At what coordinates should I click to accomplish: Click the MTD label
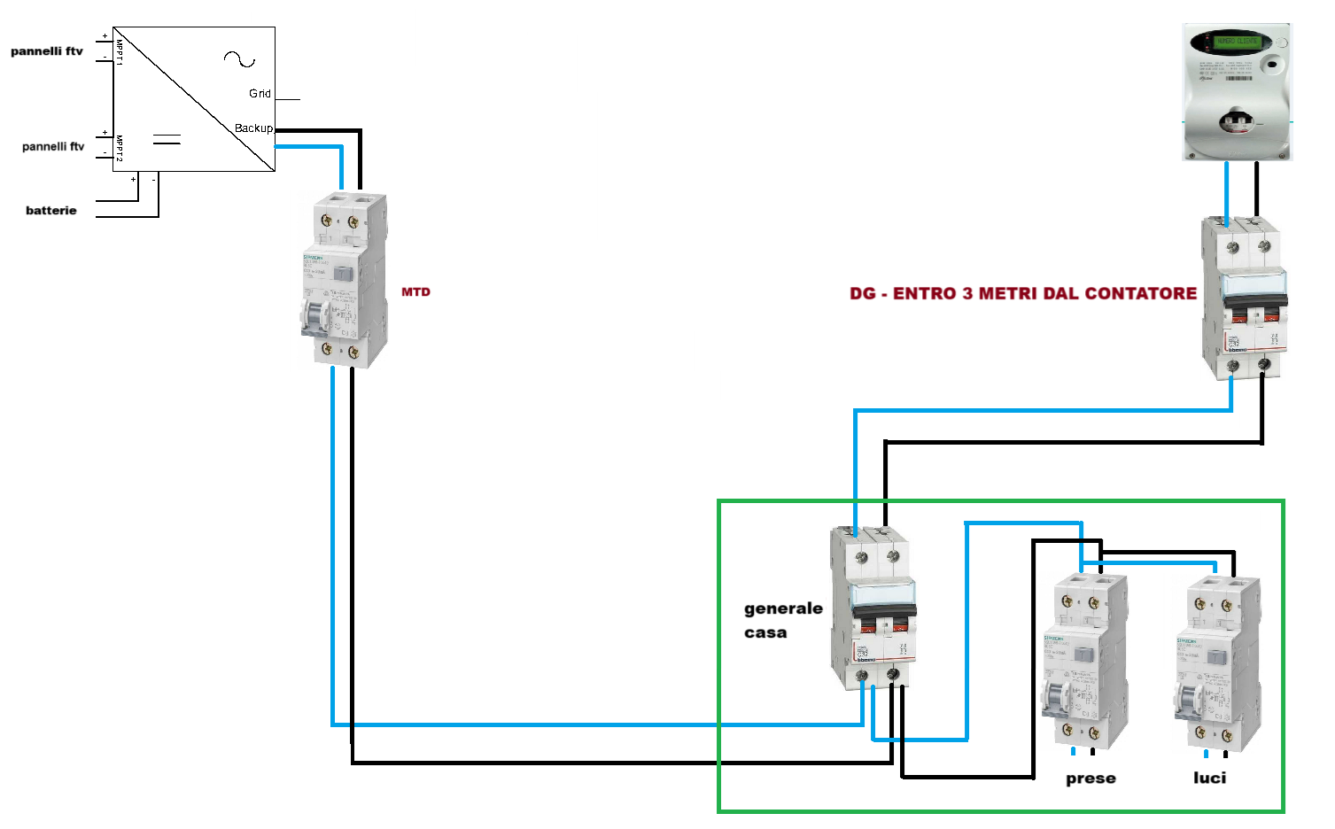(415, 292)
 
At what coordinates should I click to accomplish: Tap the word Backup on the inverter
(253, 128)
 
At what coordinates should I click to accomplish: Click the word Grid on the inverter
(260, 94)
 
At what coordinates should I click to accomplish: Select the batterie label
(51, 211)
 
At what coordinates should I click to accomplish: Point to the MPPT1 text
(119, 50)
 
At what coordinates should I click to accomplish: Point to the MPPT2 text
(119, 147)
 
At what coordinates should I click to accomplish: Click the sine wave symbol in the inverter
(239, 59)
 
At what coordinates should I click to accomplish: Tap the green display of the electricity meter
(1237, 42)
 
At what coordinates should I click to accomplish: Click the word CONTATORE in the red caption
(1141, 294)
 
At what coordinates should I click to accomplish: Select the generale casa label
(783, 620)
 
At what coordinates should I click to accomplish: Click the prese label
(1091, 779)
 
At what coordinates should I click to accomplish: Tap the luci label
(1209, 778)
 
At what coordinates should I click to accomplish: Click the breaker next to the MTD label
(344, 280)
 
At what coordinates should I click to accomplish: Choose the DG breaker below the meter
(1244, 298)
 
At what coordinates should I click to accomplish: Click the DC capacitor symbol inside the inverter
(167, 139)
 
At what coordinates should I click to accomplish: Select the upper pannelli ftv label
(47, 51)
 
